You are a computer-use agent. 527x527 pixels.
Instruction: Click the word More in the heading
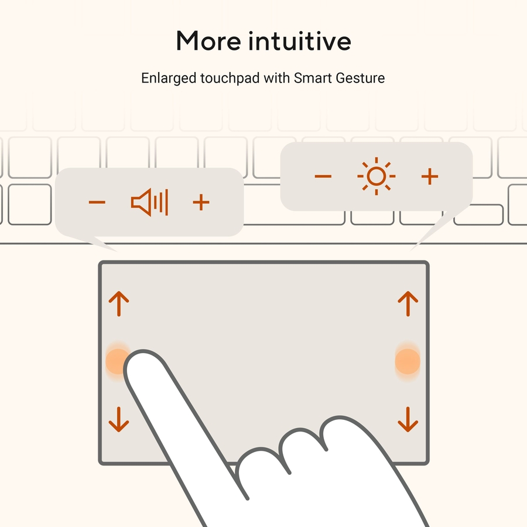[208, 41]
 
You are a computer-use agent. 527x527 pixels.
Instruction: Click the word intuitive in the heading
[300, 41]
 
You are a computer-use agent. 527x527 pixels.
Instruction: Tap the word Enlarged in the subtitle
[169, 78]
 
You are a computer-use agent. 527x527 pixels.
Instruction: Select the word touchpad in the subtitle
[230, 78]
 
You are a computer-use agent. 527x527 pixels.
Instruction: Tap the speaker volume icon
[149, 203]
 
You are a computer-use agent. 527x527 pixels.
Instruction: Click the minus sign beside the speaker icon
[97, 202]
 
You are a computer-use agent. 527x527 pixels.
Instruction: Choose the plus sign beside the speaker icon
[201, 202]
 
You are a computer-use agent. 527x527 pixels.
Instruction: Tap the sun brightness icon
[376, 176]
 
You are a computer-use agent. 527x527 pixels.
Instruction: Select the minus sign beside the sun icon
[323, 176]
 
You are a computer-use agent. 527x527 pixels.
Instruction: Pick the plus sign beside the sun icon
[430, 176]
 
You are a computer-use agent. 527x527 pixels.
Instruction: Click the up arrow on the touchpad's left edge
[119, 304]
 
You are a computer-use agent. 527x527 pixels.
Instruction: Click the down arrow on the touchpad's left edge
[119, 419]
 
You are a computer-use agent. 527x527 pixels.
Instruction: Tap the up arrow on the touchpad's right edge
[408, 304]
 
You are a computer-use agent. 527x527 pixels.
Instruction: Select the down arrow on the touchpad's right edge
[408, 419]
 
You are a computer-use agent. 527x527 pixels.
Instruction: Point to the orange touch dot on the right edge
[408, 361]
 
